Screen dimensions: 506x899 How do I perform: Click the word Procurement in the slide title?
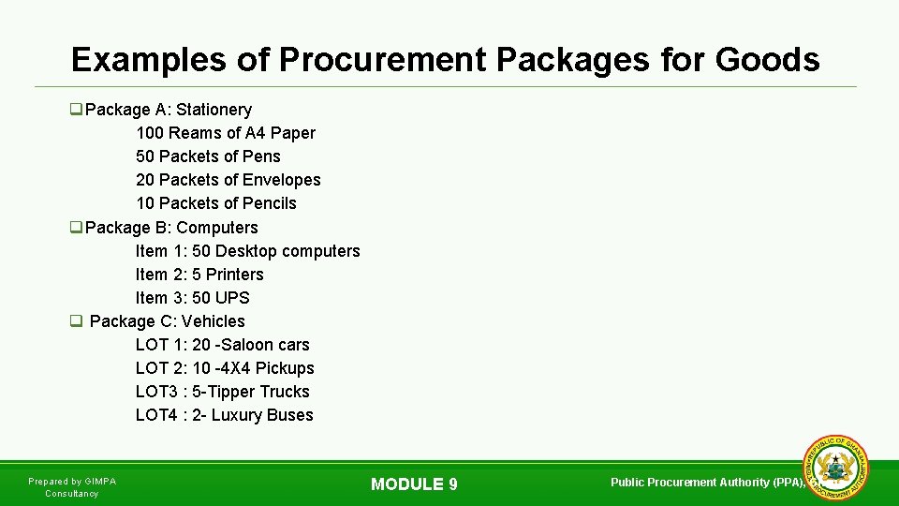[x=381, y=60]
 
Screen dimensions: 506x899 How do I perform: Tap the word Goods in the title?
[x=767, y=60]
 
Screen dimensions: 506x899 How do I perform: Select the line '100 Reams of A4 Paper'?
[x=226, y=133]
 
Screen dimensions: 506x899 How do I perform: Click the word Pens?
[x=262, y=156]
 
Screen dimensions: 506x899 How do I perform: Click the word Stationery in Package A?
[x=214, y=110]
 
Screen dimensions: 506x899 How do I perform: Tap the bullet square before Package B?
[x=76, y=228]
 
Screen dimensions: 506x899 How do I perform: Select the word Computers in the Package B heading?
[x=217, y=228]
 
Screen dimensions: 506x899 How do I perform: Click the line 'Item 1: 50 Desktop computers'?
[x=247, y=251]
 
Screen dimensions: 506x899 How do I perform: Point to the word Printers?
[x=235, y=275]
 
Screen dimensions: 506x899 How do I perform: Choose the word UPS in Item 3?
[x=232, y=298]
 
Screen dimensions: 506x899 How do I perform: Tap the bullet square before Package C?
[x=76, y=321]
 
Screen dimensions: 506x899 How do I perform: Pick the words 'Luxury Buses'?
[x=262, y=415]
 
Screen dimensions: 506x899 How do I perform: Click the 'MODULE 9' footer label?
[x=414, y=484]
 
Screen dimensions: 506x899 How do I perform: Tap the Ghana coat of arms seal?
[x=836, y=469]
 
